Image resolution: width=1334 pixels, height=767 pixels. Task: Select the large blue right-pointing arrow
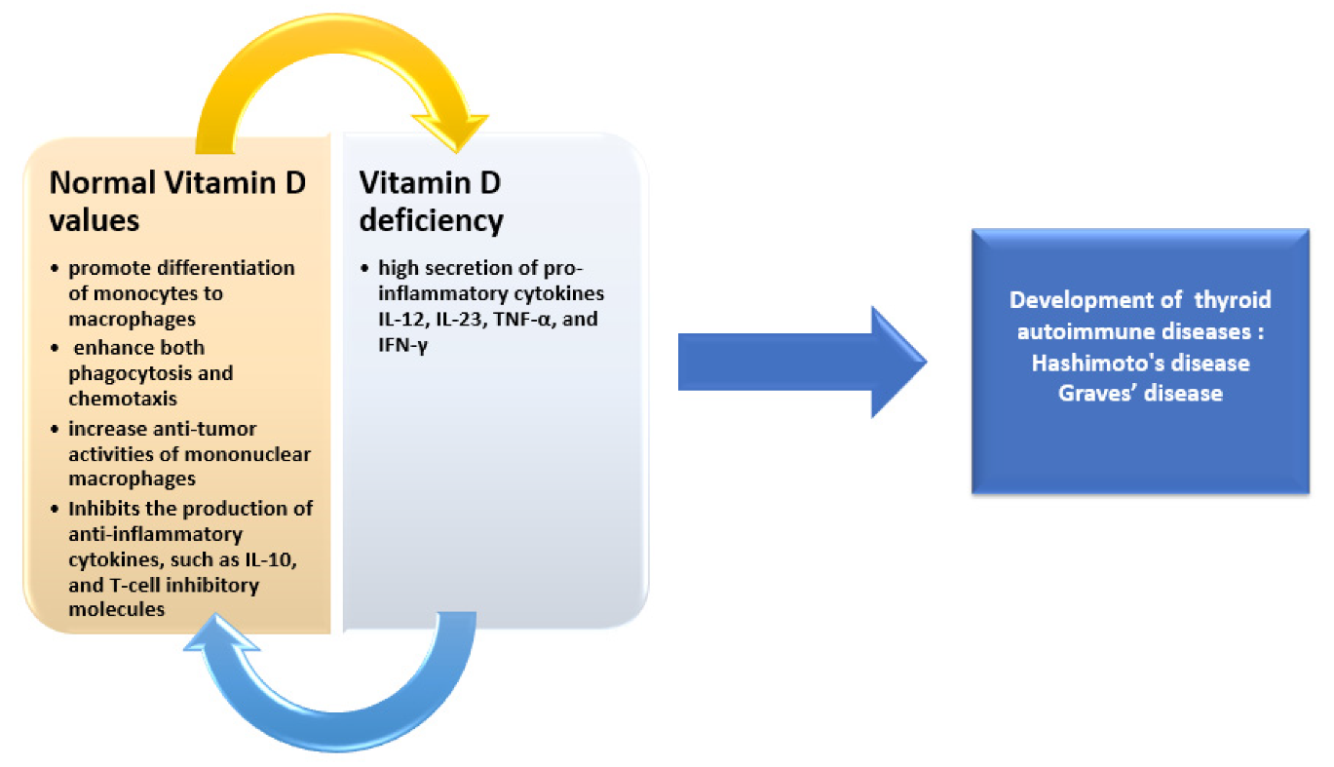pyautogui.click(x=799, y=363)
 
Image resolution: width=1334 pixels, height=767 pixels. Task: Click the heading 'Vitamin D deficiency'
pyautogui.click(x=432, y=201)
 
